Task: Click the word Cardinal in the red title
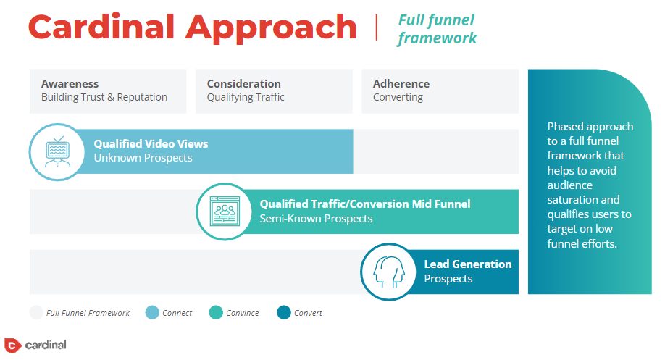click(101, 27)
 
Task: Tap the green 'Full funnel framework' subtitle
click(438, 29)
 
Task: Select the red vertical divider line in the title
click(376, 28)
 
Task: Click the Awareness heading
click(70, 84)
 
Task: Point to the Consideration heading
click(244, 84)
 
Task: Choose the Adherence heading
click(401, 84)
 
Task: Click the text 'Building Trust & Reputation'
click(104, 97)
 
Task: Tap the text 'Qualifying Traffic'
click(246, 98)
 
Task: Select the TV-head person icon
click(58, 152)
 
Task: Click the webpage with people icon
click(225, 212)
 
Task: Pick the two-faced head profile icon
click(389, 272)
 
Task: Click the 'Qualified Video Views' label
click(151, 143)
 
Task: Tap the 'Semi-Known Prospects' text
click(316, 219)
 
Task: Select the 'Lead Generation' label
click(468, 264)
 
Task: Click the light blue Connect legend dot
click(152, 312)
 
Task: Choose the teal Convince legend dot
click(216, 312)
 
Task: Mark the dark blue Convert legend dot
click(284, 312)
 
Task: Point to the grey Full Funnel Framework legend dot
click(36, 312)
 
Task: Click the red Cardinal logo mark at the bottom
click(12, 346)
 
